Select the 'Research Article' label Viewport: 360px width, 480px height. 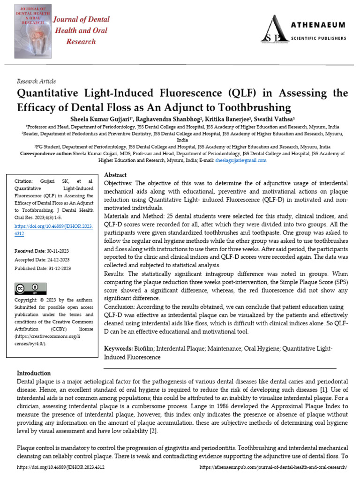pyautogui.click(x=36, y=81)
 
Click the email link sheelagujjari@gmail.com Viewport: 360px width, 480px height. pyautogui.click(x=240, y=160)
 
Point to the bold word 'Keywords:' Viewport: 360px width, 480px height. pyautogui.click(x=118, y=349)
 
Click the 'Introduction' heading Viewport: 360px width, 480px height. pyautogui.click(x=34, y=373)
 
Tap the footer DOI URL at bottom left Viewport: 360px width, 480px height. pyautogui.click(x=61, y=467)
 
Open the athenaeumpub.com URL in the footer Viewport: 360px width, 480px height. pyautogui.click(x=273, y=467)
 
